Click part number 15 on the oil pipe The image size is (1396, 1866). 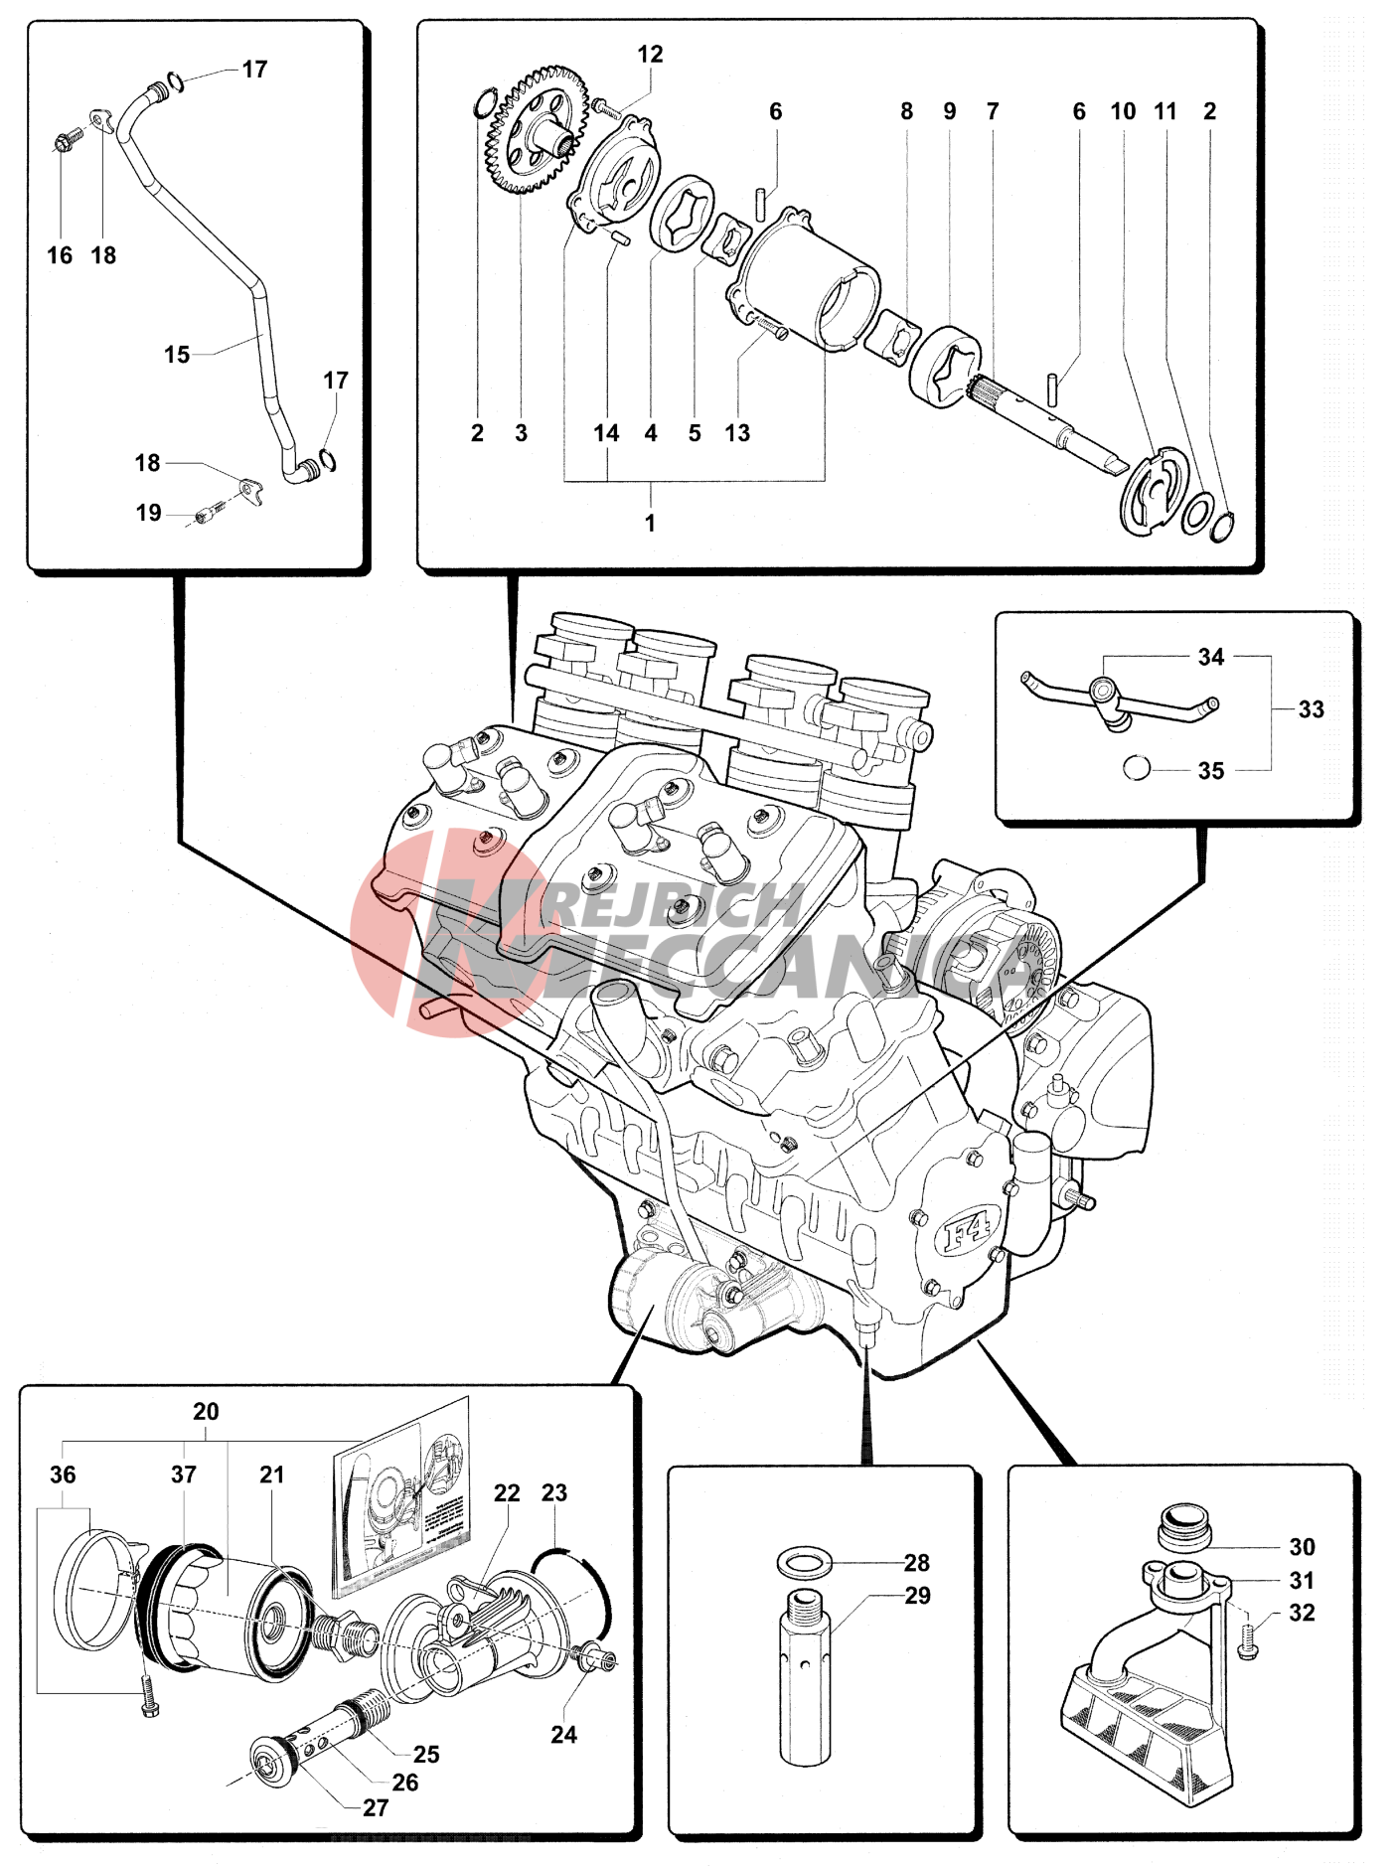(177, 355)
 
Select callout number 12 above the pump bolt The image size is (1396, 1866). (650, 55)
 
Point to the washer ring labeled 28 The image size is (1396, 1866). (803, 1563)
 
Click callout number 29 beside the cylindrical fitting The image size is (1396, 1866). (917, 1596)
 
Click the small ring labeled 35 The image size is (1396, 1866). (1136, 768)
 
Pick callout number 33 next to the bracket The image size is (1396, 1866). (1311, 709)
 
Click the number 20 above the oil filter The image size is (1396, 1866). (206, 1412)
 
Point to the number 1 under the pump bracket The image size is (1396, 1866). (650, 523)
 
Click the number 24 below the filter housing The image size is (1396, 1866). (563, 1734)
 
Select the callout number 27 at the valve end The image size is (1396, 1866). (376, 1807)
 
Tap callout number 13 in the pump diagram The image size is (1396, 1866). (737, 433)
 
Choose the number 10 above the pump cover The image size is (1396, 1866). (1123, 111)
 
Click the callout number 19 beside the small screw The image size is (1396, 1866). (148, 513)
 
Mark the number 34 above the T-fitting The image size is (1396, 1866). (1210, 657)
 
